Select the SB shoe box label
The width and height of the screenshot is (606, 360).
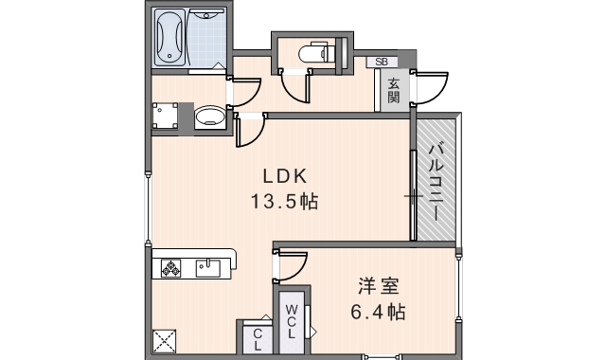(x=382, y=63)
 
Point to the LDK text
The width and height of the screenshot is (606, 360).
(x=282, y=175)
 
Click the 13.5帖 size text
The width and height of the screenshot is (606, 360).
(x=284, y=201)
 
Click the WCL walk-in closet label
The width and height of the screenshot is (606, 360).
(x=292, y=321)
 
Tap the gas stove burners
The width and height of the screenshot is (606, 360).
(x=171, y=268)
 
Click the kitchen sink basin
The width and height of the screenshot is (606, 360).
(x=208, y=268)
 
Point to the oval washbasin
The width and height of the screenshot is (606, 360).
(x=208, y=117)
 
